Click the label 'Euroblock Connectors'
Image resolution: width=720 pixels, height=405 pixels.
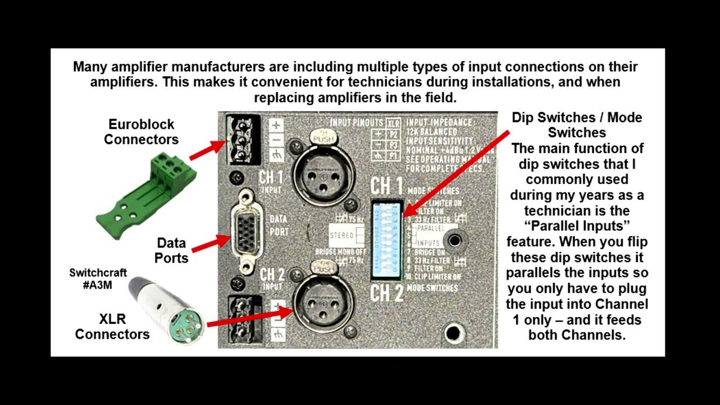pos(141,132)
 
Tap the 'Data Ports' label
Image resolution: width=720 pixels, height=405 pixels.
pos(172,251)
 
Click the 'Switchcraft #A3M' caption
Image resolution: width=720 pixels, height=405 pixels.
pos(98,279)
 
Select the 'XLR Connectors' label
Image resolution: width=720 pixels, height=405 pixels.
pos(112,327)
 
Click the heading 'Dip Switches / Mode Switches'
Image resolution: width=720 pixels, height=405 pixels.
pos(577,125)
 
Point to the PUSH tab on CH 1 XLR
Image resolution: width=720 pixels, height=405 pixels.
pos(319,136)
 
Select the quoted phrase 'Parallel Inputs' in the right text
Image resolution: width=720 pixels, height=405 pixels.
pos(577,226)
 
